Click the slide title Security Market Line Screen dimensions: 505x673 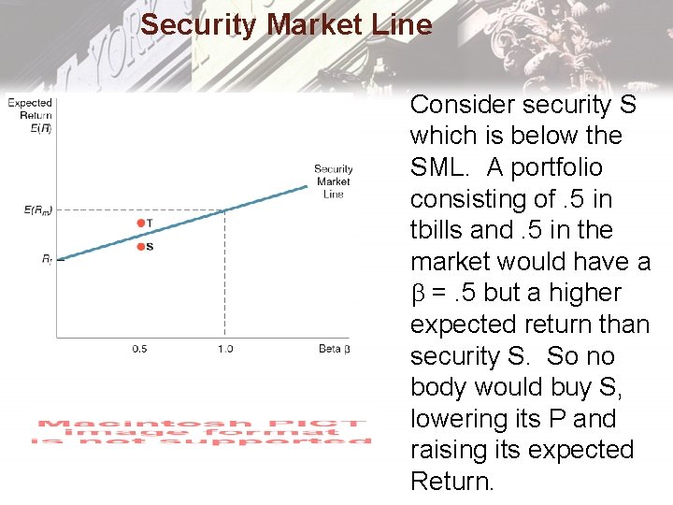[286, 24]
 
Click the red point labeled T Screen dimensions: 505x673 [140, 223]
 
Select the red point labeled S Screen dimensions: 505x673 [140, 246]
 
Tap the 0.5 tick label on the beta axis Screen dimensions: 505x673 [139, 349]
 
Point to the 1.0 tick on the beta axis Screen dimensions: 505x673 [224, 349]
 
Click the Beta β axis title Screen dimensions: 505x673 [334, 349]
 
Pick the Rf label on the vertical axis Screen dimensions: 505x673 [46, 259]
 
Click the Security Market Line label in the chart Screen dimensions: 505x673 [333, 181]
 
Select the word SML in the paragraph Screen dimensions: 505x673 [441, 167]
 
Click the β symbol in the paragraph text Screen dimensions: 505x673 [417, 294]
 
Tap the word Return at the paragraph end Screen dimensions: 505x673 [451, 482]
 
